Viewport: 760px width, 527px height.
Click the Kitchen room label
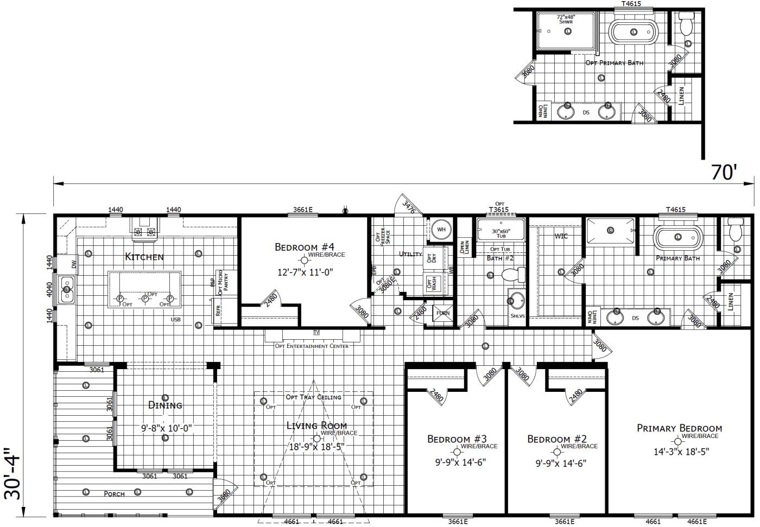[144, 257]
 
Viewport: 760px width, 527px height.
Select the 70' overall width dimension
[724, 172]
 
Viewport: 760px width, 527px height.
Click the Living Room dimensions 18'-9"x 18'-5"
[316, 447]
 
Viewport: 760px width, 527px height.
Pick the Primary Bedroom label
[679, 428]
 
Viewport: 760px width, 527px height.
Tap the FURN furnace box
[443, 313]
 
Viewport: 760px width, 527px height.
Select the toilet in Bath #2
[511, 275]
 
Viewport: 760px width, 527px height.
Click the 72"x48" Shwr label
[566, 19]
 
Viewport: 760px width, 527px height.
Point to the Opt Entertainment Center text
[312, 346]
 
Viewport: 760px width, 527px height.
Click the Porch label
[114, 494]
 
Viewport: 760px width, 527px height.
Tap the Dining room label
[165, 405]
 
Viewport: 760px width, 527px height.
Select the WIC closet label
[561, 236]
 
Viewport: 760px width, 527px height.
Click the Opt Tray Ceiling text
[314, 397]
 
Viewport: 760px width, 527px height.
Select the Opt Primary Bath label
[614, 63]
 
